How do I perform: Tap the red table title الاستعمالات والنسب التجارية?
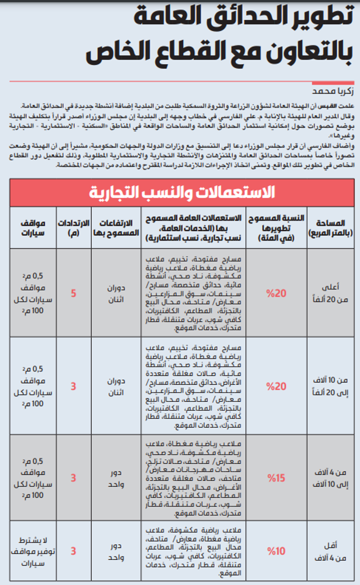coord(181,191)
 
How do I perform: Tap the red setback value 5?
coord(73,293)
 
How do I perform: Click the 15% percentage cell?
coord(275,478)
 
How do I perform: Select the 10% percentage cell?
coord(275,551)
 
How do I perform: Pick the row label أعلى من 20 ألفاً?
coord(334,293)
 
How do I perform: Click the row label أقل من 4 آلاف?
coord(334,551)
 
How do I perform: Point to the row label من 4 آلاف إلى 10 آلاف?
coord(334,478)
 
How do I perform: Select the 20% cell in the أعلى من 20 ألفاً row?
coord(275,293)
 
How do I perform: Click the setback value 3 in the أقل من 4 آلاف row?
coord(73,551)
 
